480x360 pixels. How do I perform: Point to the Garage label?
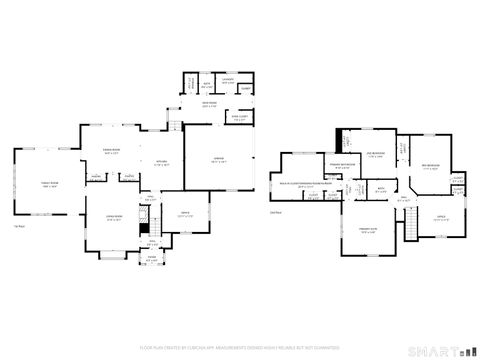[219, 159]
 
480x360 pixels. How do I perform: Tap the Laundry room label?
[228, 80]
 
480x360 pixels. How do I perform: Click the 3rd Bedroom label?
[431, 166]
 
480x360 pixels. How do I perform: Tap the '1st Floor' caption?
[18, 227]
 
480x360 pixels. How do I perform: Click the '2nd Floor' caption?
[276, 211]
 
